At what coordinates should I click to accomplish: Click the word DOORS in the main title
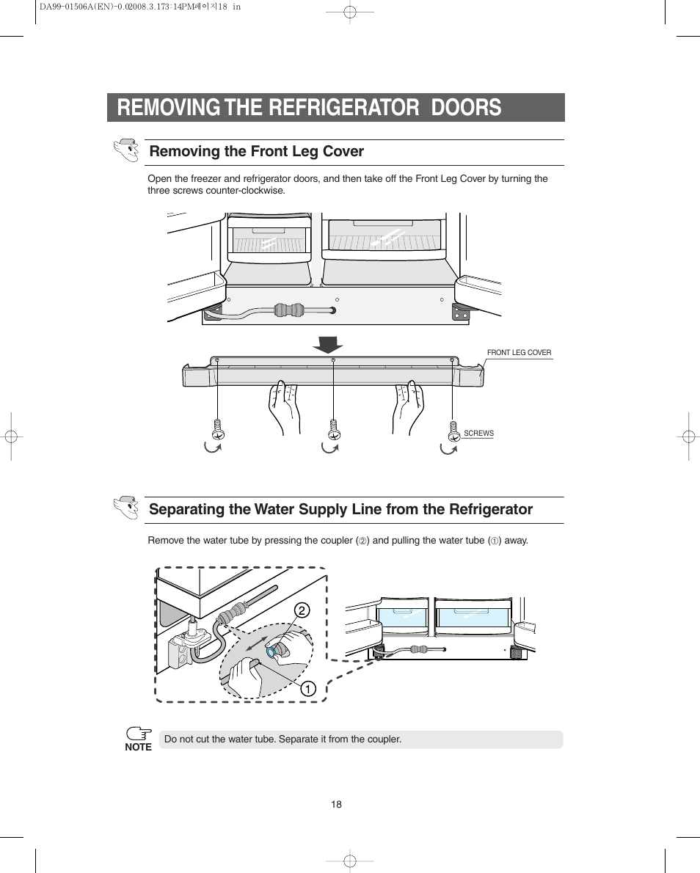point(466,107)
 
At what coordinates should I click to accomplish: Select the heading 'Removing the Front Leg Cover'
point(256,151)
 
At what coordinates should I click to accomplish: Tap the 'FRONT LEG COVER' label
point(519,353)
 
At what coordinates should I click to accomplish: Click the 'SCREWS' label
point(478,434)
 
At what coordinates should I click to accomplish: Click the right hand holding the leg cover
point(408,407)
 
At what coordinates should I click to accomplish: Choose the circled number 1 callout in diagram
point(307,688)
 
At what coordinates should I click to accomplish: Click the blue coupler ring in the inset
point(273,651)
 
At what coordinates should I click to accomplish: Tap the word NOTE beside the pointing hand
point(138,748)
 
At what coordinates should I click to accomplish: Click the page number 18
point(336,804)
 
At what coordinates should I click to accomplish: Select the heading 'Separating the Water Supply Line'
point(340,509)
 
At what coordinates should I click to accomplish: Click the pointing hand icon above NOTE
point(138,733)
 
